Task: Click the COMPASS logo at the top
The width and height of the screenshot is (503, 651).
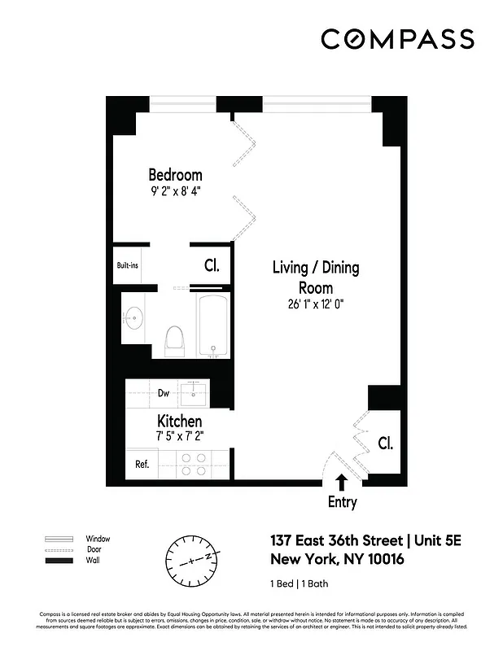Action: point(397,39)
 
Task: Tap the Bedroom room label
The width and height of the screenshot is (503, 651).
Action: point(175,174)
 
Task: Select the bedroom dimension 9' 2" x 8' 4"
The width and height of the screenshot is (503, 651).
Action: point(175,192)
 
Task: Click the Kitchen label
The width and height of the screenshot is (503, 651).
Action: point(179,421)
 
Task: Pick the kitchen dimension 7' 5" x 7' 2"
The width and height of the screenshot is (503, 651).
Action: point(179,436)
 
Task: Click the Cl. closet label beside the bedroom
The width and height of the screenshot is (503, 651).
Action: point(212,265)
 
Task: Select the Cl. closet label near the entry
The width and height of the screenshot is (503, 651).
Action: point(385,444)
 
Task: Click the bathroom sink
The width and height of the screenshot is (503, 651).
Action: point(133,315)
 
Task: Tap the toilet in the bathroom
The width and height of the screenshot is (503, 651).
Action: point(174,341)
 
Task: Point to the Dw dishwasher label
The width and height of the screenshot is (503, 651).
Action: point(163,393)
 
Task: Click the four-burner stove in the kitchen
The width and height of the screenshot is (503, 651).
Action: point(194,464)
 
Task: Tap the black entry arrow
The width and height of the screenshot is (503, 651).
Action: point(341,483)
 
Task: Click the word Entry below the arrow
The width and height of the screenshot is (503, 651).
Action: point(342,502)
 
